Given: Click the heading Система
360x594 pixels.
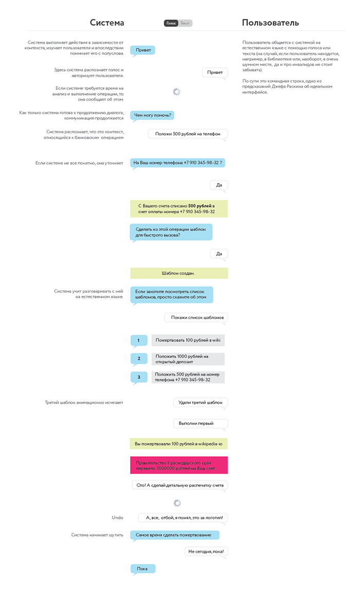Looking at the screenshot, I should point(107,23).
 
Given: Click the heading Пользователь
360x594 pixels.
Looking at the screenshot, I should point(271,23).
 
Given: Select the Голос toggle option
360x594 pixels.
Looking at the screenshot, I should point(171,23).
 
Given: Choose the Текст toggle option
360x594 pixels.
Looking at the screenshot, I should point(185,23).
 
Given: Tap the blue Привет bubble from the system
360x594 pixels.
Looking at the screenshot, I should point(142,50).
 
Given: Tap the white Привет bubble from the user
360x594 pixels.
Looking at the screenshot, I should point(214,73).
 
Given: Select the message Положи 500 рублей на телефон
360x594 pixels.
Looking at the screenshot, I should point(188,134).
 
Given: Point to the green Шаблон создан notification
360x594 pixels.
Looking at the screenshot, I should point(178,273).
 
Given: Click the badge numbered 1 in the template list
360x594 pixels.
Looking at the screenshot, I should point(138,340).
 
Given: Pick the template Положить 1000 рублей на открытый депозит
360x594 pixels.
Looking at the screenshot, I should point(188,359).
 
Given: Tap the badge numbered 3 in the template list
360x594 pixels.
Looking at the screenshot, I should point(138,377).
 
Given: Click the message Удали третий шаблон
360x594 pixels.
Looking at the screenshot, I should point(200,402).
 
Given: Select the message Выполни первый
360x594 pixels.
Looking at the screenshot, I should point(200,423).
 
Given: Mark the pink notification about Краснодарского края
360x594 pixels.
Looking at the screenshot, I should point(178,465).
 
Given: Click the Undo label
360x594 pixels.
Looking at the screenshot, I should point(117,517).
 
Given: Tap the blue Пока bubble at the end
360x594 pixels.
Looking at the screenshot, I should point(142,569).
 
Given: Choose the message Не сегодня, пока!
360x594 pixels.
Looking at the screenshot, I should point(206,551).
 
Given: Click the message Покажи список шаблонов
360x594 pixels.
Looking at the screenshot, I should point(196,318).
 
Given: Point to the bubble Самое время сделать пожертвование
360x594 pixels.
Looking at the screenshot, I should point(174,535).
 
